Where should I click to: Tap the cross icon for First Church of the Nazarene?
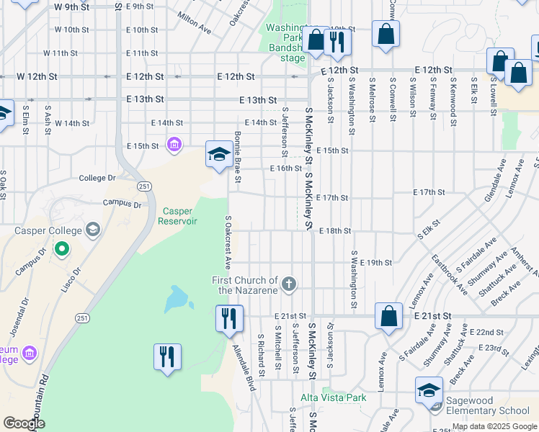pyautogui.click(x=289, y=284)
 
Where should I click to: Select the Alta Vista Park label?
pyautogui.click(x=334, y=397)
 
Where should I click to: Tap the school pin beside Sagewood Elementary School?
pyautogui.click(x=429, y=392)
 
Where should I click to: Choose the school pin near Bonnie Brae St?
pyautogui.click(x=220, y=154)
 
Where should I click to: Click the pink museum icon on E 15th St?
pyautogui.click(x=173, y=146)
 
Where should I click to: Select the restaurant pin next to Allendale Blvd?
pyautogui.click(x=229, y=318)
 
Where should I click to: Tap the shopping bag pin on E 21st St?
pyautogui.click(x=388, y=317)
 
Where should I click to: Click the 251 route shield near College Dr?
pyautogui.click(x=145, y=186)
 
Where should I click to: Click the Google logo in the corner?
pyautogui.click(x=24, y=423)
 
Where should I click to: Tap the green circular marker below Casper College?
pyautogui.click(x=62, y=251)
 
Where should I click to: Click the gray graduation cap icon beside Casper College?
pyautogui.click(x=92, y=230)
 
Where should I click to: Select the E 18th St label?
pyautogui.click(x=334, y=231)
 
